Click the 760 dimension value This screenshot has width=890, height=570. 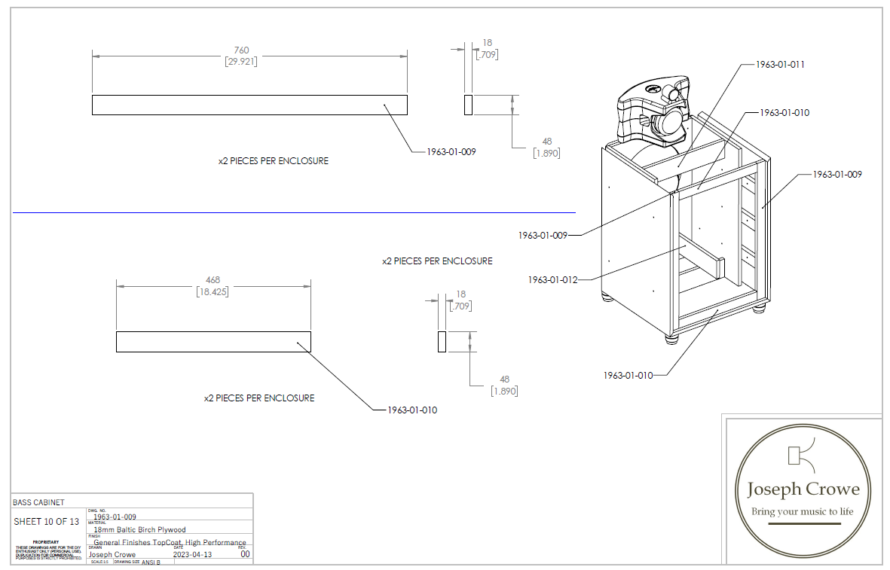241,50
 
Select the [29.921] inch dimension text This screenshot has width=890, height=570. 241,62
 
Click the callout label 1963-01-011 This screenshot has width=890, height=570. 780,65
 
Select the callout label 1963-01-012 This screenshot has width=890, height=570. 553,280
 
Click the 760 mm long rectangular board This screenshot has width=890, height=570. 249,105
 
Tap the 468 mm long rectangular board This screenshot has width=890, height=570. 213,341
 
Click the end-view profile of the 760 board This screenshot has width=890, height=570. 468,105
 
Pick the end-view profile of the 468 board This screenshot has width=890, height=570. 442,341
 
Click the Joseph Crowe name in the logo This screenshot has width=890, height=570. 803,489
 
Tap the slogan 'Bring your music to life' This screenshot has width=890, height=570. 803,512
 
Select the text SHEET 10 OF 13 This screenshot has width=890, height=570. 46,522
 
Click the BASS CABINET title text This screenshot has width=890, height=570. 38,502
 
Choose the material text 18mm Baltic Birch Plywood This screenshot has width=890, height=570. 139,529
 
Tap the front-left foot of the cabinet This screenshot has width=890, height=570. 671,339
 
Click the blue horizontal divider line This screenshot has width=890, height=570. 294,212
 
